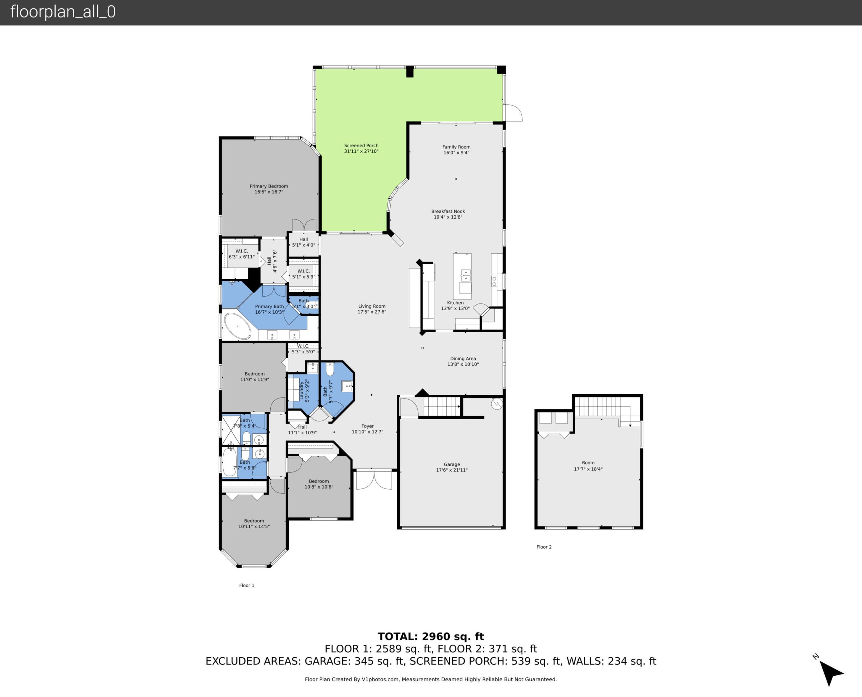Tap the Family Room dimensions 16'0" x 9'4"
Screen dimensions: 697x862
point(456,153)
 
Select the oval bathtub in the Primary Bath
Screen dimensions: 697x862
point(237,326)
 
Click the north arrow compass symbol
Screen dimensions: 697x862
point(830,672)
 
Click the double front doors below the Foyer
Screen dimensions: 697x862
point(374,480)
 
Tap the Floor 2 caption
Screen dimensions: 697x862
point(544,547)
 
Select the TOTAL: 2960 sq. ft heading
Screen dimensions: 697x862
point(431,636)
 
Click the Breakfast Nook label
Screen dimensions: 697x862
point(448,211)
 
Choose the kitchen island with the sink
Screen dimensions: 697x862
point(462,276)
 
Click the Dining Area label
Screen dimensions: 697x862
point(463,359)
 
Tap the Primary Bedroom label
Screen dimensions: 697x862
point(268,186)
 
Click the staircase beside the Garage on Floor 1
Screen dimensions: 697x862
point(441,406)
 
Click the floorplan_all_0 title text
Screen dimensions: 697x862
point(63,12)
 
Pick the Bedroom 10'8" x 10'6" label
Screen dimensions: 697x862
point(319,484)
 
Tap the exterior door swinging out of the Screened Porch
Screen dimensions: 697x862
point(513,113)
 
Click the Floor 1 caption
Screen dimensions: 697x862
point(246,585)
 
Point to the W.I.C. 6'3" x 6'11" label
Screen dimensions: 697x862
point(242,254)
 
